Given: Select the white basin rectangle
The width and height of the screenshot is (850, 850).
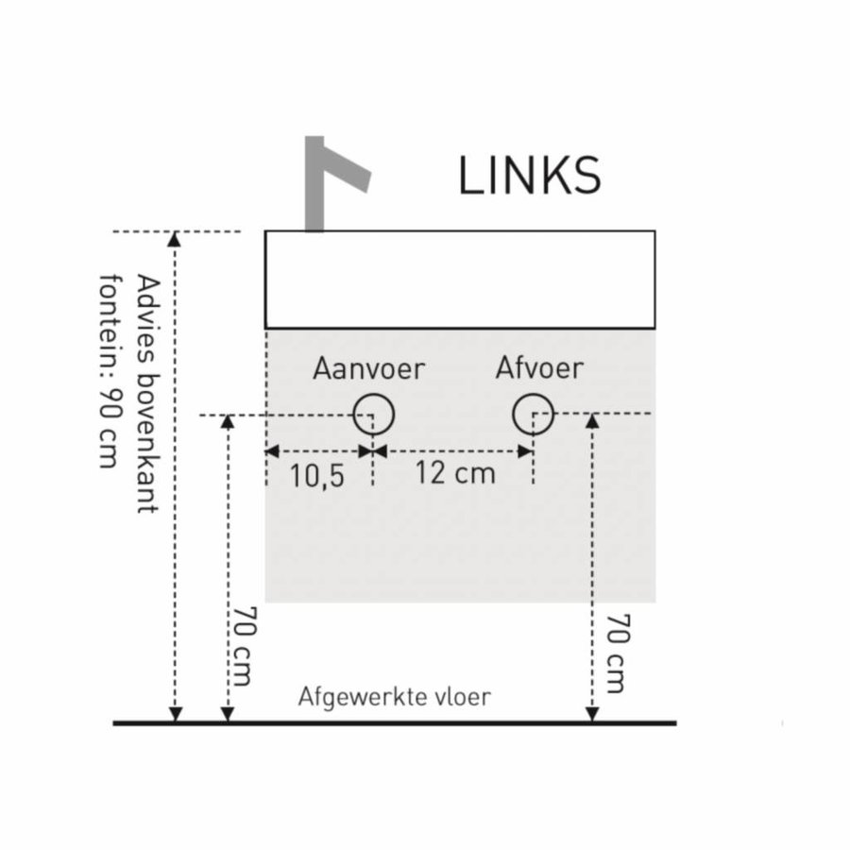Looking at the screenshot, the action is [459, 279].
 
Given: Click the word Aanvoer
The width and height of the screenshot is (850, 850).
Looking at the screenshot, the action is [369, 368].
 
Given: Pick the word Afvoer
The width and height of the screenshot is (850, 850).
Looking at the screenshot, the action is [539, 367].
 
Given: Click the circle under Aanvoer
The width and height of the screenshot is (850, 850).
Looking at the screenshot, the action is [374, 414].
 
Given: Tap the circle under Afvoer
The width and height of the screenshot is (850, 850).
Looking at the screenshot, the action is [534, 414].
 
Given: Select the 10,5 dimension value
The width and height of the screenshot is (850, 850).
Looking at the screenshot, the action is [316, 475].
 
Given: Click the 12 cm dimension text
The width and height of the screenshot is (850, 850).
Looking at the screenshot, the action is [454, 472].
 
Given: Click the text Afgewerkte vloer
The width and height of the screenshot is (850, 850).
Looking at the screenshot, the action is [395, 698].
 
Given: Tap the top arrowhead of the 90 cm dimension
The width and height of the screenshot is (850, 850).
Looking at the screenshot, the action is [174, 239].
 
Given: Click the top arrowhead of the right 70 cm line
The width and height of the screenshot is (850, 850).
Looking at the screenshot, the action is [592, 421].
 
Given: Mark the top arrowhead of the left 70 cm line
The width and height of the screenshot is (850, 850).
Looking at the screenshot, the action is [227, 421].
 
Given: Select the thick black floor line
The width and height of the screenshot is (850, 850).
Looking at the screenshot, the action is [395, 722].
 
